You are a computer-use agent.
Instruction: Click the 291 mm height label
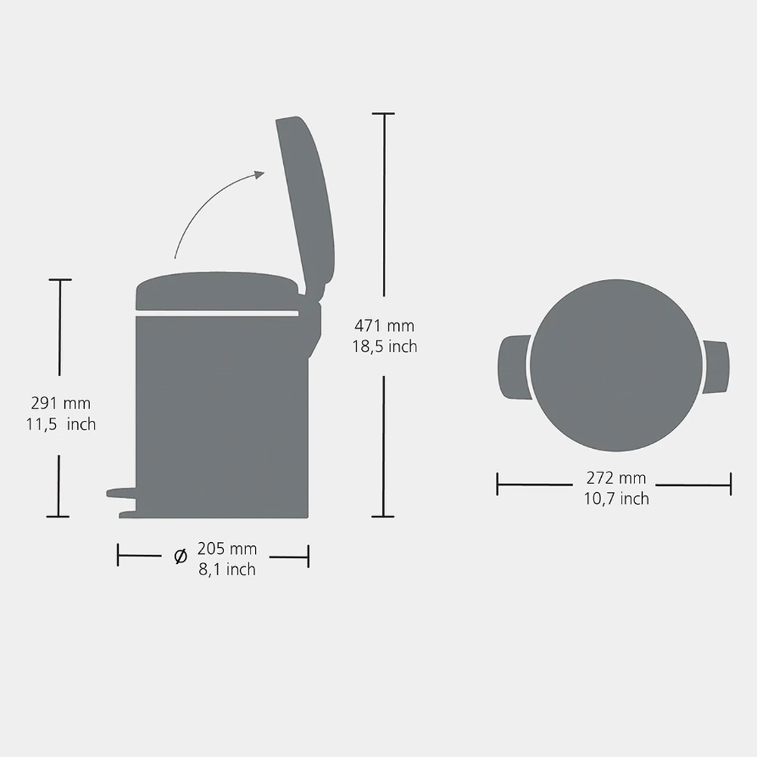(x=61, y=403)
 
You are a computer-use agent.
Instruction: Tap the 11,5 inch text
(x=61, y=425)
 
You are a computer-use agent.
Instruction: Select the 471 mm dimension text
(x=385, y=326)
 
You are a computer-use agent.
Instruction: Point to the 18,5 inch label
(x=385, y=347)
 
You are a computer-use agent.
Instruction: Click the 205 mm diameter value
(x=227, y=549)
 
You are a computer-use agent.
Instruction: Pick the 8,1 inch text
(x=227, y=570)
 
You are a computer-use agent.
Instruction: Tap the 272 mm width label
(x=616, y=478)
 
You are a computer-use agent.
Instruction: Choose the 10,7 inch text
(x=616, y=499)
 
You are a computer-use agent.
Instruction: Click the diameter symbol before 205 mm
(x=181, y=556)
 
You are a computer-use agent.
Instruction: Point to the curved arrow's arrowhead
(x=260, y=174)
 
